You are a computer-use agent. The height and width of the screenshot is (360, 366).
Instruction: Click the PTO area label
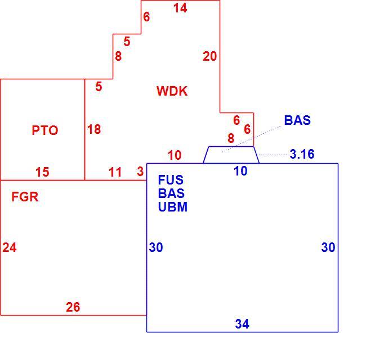pos(45,130)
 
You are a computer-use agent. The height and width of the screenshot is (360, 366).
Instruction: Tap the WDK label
pos(172,91)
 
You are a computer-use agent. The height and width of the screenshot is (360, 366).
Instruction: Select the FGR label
pos(25,197)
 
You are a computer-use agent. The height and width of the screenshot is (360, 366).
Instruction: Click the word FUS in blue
pos(171,180)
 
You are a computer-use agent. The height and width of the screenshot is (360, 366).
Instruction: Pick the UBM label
pos(173,207)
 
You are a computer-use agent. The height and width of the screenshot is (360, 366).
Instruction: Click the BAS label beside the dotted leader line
pos(297,120)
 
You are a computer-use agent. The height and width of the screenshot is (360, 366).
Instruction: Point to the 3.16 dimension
pos(302,154)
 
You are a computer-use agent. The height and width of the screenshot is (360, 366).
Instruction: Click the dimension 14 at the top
pos(180,8)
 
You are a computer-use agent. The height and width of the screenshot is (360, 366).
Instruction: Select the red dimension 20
pos(209,56)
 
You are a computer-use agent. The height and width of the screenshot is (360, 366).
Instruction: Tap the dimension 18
pos(94,129)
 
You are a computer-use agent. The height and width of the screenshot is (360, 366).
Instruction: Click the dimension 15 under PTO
pos(42,172)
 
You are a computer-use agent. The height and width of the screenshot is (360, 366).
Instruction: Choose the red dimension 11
pos(115,172)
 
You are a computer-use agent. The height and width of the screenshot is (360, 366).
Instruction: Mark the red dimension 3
pos(140,172)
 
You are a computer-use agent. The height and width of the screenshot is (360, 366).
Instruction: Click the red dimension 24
pos(10,247)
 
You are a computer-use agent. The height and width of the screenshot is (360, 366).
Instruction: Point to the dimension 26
pos(73,307)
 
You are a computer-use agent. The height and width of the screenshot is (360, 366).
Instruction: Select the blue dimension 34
pos(242,324)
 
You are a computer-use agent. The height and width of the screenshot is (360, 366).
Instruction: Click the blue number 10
pos(240,171)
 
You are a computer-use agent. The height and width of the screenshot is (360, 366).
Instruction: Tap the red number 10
pos(175,155)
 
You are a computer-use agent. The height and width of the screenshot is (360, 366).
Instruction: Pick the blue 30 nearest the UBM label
pos(156,247)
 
